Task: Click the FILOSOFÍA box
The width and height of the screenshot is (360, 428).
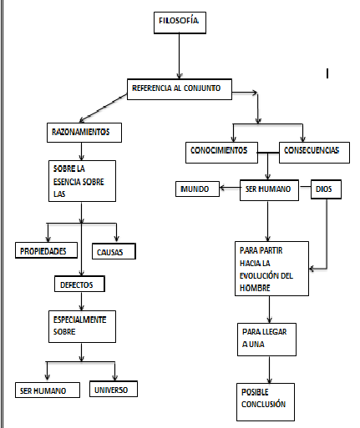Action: click(x=179, y=23)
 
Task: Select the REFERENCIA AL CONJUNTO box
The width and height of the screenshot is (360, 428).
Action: click(x=180, y=88)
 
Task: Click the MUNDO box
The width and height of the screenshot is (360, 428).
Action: click(x=197, y=189)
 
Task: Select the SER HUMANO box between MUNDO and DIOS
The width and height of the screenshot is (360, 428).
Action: click(x=267, y=189)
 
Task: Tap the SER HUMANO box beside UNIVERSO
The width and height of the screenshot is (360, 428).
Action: click(x=48, y=390)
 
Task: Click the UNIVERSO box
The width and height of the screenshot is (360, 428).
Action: click(x=112, y=389)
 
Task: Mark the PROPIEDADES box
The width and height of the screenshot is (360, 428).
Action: click(x=47, y=250)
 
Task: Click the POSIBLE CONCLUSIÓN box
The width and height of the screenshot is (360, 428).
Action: click(x=263, y=398)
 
